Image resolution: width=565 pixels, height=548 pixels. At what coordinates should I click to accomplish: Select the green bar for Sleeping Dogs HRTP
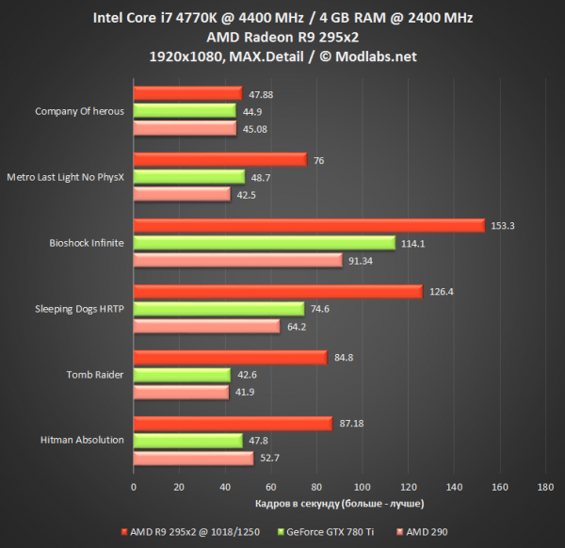coord(218,309)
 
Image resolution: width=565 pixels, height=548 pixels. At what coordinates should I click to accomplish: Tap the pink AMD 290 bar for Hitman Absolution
coord(193,459)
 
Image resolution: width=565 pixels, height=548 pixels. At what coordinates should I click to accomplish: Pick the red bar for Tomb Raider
coord(230,358)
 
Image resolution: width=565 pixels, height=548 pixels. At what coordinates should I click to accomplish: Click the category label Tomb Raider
coord(94,375)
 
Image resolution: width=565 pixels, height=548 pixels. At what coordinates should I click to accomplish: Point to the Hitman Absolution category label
coord(82,441)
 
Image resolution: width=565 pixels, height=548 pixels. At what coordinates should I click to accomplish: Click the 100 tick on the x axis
coord(362,487)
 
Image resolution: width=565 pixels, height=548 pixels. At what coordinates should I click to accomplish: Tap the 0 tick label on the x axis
coord(134,487)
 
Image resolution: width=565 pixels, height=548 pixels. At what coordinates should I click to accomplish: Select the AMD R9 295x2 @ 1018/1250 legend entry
coord(187,529)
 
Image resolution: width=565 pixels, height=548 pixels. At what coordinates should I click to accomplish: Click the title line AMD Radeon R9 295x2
coord(282,37)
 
